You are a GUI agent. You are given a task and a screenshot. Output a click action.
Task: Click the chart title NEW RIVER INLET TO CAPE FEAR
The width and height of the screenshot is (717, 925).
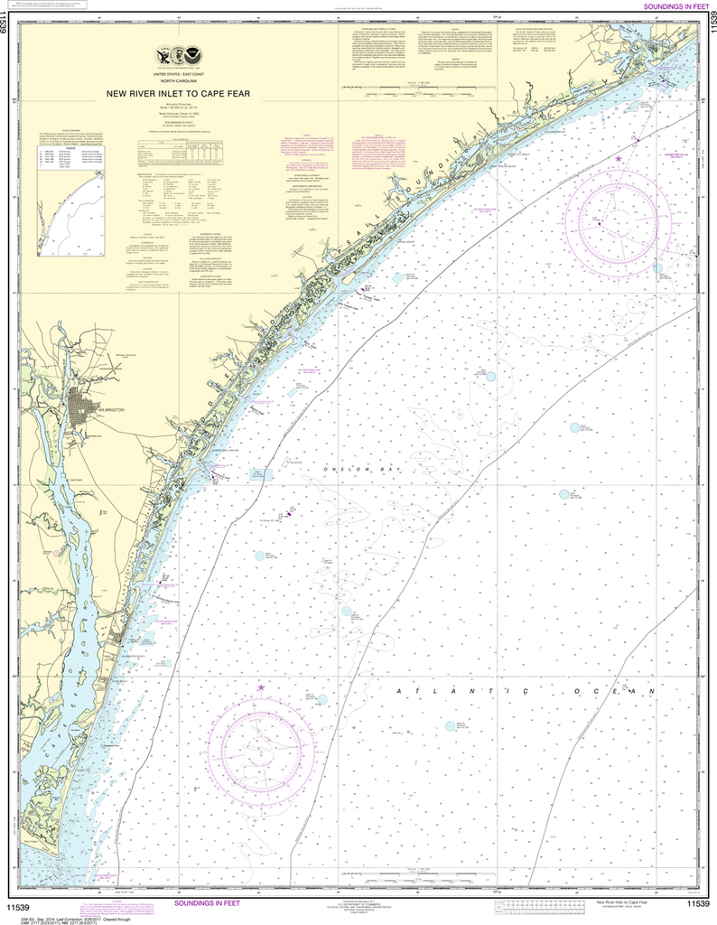click(x=186, y=93)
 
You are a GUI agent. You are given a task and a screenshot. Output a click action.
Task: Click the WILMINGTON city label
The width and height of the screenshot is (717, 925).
click(x=106, y=409)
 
